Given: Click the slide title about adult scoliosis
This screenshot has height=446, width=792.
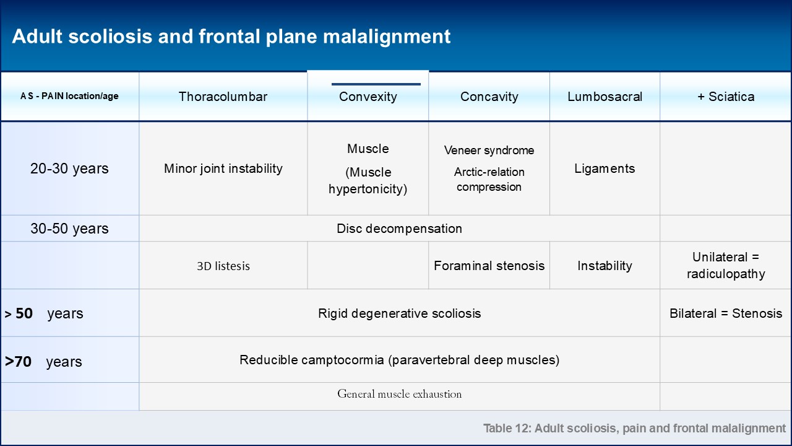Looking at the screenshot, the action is click(231, 37).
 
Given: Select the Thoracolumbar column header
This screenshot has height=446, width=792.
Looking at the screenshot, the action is click(223, 97).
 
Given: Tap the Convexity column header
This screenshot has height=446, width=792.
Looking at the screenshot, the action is click(368, 97).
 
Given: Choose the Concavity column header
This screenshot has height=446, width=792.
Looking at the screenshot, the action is click(489, 97).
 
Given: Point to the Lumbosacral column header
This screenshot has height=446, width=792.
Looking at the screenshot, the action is click(605, 97).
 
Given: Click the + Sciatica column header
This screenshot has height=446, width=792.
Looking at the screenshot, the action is click(726, 97).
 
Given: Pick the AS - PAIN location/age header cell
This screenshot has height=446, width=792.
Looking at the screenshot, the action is click(69, 96).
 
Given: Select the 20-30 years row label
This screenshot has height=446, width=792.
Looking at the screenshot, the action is click(69, 168).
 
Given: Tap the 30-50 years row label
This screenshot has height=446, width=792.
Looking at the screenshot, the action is click(69, 229).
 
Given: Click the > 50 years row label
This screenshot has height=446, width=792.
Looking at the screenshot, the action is click(44, 313).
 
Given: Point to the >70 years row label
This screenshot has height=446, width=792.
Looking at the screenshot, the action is click(43, 362).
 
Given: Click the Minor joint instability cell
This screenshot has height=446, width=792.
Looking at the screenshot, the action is click(223, 168).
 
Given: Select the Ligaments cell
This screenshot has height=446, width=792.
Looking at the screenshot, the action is click(605, 168).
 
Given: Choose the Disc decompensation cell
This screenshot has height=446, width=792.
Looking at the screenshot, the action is click(400, 229).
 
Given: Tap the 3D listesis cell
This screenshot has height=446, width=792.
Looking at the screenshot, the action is click(223, 266).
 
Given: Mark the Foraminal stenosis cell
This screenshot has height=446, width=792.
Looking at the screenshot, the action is click(489, 266).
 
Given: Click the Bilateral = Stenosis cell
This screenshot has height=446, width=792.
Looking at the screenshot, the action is click(726, 313).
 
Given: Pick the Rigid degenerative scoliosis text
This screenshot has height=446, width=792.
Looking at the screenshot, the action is click(400, 313).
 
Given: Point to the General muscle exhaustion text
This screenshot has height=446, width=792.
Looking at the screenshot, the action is click(400, 394).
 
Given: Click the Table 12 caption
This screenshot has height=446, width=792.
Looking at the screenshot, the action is click(634, 428).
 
